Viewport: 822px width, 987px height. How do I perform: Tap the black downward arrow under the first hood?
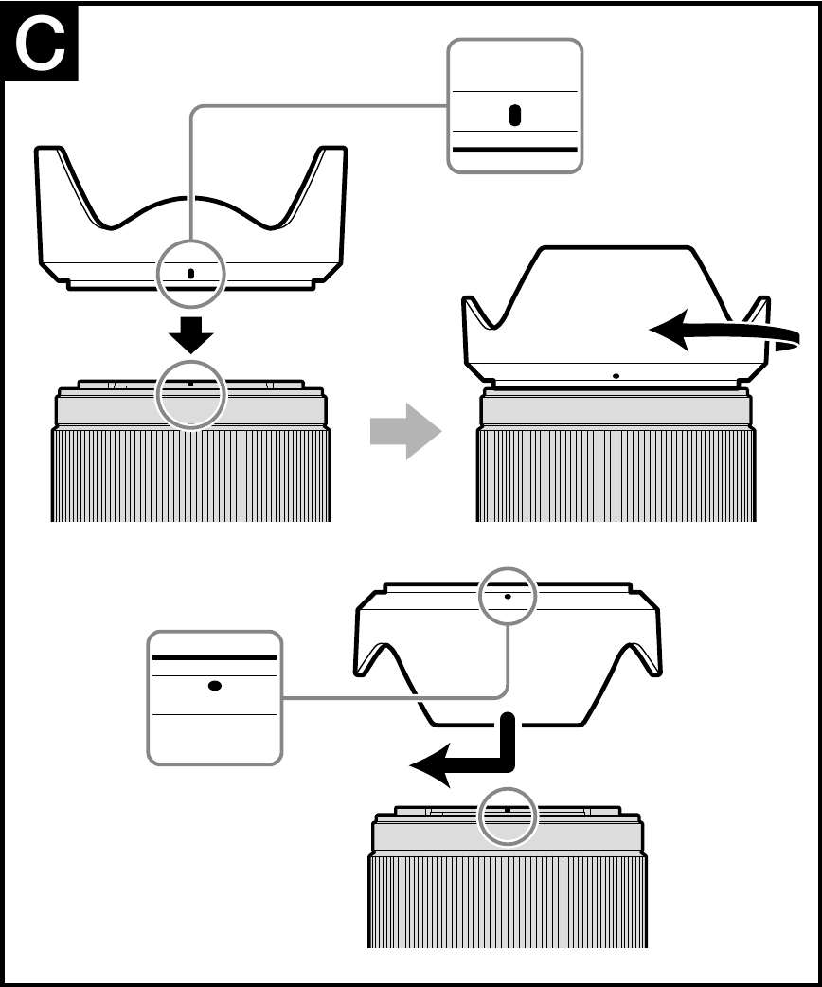190,333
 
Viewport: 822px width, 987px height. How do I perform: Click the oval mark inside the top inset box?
514,116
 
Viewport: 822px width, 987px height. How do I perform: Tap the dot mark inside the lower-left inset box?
215,686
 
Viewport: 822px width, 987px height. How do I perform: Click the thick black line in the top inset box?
514,150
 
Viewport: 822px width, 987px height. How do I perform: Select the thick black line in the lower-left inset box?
215,656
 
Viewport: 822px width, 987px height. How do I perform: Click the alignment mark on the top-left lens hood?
191,273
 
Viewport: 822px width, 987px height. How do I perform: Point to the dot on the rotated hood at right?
616,375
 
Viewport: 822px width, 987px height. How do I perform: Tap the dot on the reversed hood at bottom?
509,597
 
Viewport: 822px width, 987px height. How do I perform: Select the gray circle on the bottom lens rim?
509,815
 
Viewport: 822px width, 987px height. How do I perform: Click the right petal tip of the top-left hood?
332,152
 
